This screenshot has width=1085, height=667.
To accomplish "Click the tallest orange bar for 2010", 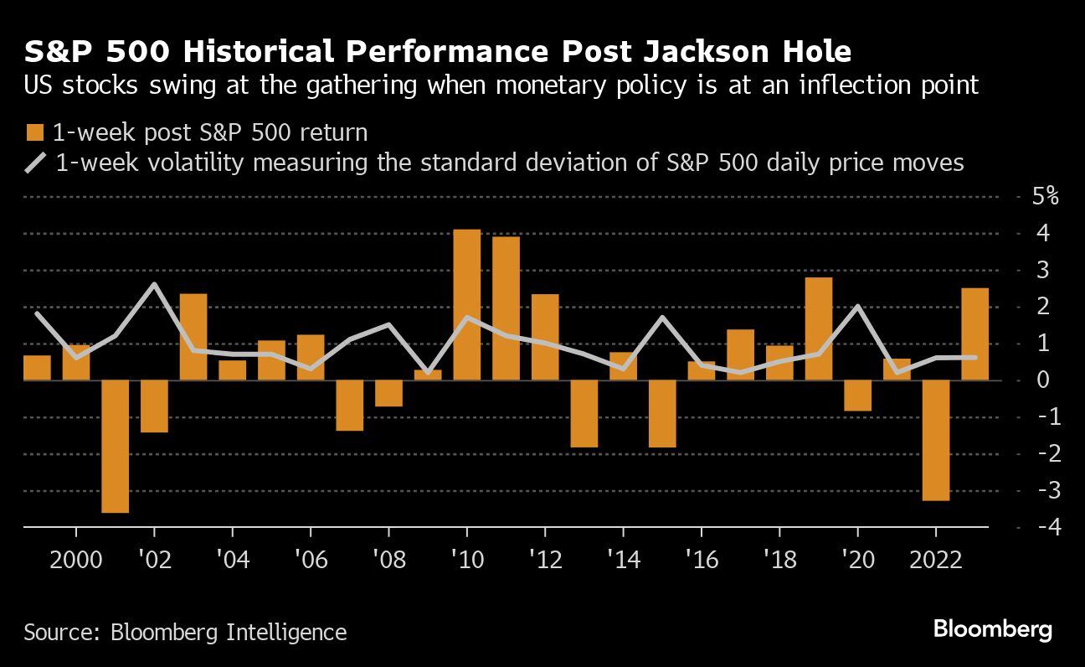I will point(467,304).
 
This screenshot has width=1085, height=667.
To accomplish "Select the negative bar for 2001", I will point(116,446).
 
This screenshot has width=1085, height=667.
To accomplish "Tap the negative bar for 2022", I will point(935,440).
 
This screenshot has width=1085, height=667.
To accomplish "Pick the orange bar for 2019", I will point(818,328).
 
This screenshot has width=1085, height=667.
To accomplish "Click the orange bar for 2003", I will point(193,337).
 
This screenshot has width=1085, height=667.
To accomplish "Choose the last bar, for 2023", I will point(974,333).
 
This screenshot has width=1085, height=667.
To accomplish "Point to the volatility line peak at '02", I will point(155,284).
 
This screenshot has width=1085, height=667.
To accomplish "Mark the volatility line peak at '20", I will point(857,306).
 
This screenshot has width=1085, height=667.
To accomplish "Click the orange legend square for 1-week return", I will point(35,132).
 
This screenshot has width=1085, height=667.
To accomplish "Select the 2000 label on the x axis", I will point(75,559).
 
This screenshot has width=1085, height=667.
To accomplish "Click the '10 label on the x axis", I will point(466,559).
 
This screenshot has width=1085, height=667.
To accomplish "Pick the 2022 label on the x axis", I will point(935,559).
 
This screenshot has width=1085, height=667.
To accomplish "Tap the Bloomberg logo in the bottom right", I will point(992,629).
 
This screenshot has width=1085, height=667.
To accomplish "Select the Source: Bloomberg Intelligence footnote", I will point(185,631).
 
